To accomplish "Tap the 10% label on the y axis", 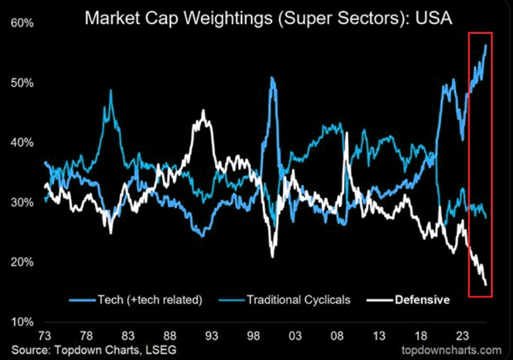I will (x=22, y=321).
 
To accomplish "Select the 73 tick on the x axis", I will (x=45, y=335).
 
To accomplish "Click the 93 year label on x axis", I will (x=212, y=335).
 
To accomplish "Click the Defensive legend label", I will (x=423, y=299).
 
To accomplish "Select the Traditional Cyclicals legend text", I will (x=298, y=299).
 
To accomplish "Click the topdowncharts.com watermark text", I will (x=452, y=349).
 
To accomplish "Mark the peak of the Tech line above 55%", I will (x=486, y=45).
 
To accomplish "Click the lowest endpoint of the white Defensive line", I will (x=486, y=285).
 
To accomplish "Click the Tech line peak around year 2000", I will (x=271, y=77).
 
